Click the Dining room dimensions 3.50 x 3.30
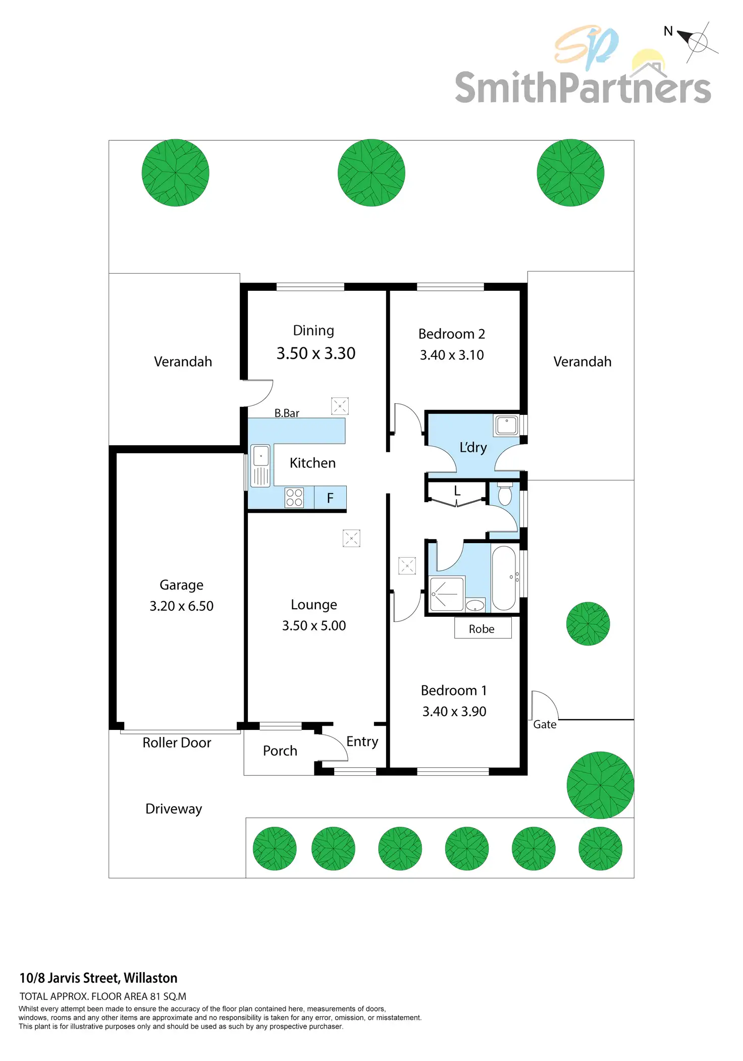click(x=315, y=353)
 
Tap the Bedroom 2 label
click(x=451, y=334)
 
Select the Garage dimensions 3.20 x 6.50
click(x=181, y=606)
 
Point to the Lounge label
click(x=313, y=605)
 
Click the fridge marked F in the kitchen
click(x=330, y=498)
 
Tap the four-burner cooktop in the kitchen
click(x=294, y=497)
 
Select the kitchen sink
click(x=260, y=465)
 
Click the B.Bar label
click(x=287, y=413)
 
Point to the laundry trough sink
click(x=506, y=425)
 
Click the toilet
click(x=505, y=495)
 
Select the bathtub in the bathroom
click(x=503, y=578)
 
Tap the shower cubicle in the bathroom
click(x=446, y=594)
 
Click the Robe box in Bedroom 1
click(x=482, y=628)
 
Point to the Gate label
click(x=545, y=724)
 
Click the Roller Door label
click(x=177, y=742)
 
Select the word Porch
click(x=280, y=751)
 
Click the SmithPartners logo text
click(x=582, y=87)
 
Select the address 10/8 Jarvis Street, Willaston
click(x=98, y=978)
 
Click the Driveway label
click(x=174, y=809)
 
